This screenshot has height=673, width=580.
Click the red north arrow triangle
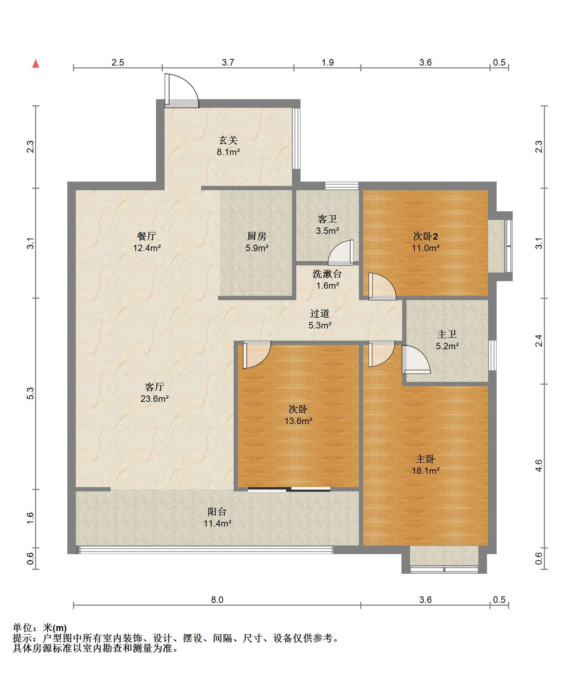[36, 64]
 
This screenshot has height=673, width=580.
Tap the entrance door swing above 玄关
[181, 91]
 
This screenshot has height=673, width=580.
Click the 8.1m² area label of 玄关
[228, 152]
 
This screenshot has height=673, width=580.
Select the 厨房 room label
[257, 236]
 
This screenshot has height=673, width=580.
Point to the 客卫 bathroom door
[341, 253]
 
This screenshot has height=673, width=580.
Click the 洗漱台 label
[327, 274]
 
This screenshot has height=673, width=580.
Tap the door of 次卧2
[382, 287]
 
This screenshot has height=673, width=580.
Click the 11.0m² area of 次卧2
[425, 248]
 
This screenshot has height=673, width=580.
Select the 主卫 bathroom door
[416, 359]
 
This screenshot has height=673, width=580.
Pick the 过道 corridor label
[320, 313]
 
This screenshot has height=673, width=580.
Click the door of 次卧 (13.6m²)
[257, 355]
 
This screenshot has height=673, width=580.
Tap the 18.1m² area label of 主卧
[425, 471]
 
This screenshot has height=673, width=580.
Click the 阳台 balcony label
[217, 511]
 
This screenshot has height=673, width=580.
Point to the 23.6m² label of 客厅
[155, 398]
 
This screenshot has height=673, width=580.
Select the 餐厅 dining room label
[147, 236]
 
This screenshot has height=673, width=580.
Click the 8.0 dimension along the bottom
[217, 600]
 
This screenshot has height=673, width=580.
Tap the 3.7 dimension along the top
[228, 62]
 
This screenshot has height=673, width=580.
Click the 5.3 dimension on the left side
[31, 393]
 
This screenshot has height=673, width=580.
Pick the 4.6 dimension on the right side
[539, 466]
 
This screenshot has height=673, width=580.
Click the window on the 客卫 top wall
[342, 186]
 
